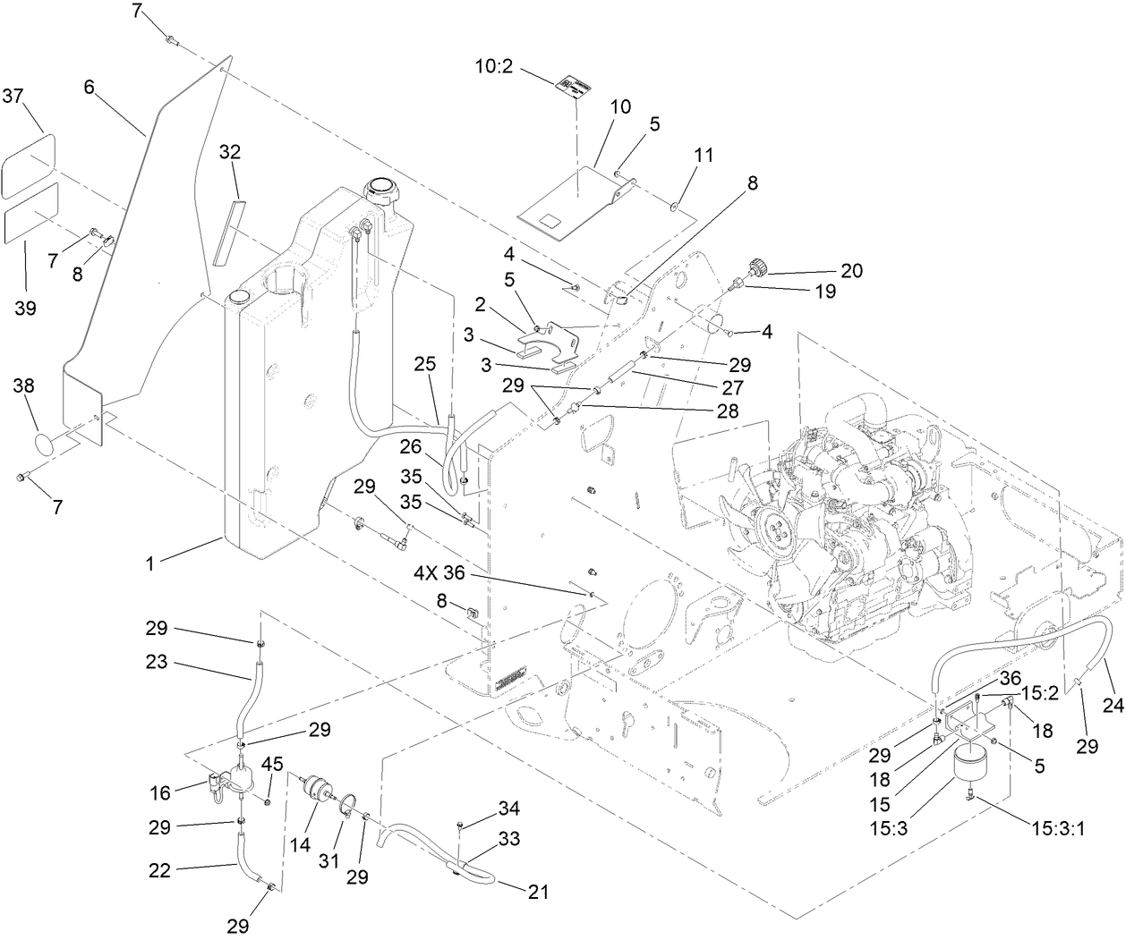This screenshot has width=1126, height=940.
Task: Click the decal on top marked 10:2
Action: coord(569,85)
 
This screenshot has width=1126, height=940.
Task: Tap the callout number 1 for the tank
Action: coord(150,564)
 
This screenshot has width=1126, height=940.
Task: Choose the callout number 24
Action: coord(1112,705)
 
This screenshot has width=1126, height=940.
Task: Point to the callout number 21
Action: coord(538,891)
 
